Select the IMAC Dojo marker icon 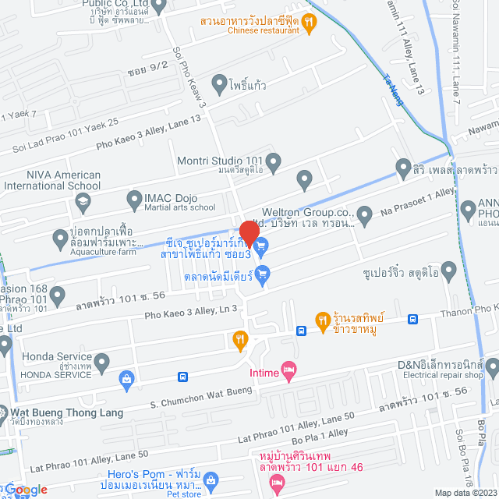(131, 199)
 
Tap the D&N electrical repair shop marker (493, 365)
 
